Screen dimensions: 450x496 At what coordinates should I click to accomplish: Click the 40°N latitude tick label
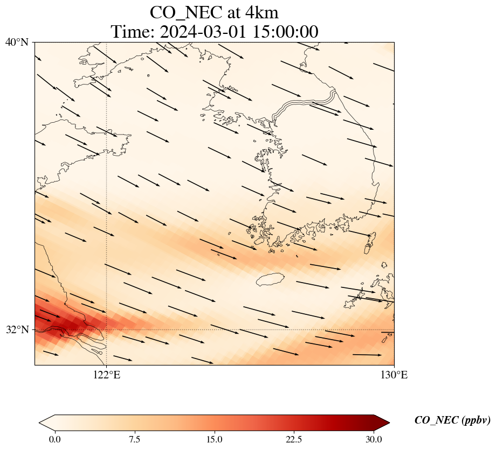[16, 42]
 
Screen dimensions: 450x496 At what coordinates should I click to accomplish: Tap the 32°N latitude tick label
[16, 329]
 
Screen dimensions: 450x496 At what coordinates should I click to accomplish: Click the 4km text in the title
[262, 12]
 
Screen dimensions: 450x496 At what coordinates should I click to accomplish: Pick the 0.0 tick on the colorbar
[54, 439]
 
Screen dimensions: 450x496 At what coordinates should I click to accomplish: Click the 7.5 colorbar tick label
[134, 439]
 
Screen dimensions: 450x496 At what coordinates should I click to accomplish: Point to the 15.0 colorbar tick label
[214, 439]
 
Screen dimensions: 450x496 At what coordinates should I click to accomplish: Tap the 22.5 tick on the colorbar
[294, 439]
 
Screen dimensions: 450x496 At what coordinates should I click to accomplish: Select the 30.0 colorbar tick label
[374, 439]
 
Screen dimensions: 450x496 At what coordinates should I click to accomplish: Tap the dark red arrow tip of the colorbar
[377, 423]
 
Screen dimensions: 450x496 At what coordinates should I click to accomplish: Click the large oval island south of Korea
[271, 280]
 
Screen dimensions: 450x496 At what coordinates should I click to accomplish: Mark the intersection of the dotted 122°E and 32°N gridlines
[107, 329]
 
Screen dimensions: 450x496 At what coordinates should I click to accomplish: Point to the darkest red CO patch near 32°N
[57, 326]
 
